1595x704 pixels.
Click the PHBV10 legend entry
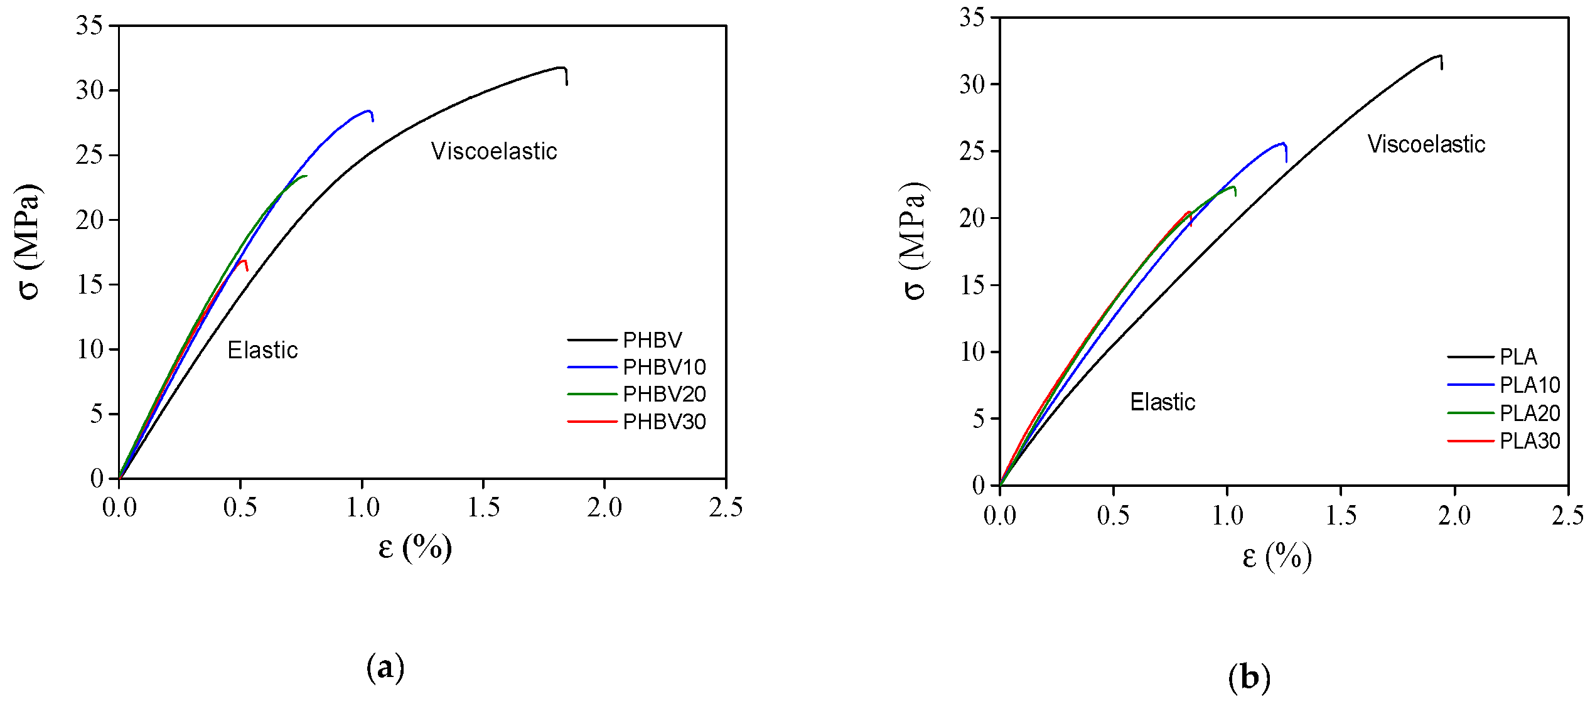click(x=663, y=367)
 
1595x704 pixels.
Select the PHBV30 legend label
click(x=663, y=422)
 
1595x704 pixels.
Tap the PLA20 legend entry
click(x=1529, y=413)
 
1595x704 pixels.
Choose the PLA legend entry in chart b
click(x=1518, y=357)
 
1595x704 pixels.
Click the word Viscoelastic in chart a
click(x=494, y=151)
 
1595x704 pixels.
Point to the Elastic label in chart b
click(x=1163, y=402)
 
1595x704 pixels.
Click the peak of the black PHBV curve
click(x=561, y=67)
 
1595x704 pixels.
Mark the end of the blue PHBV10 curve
click(x=373, y=120)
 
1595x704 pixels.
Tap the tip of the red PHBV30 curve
click(x=247, y=270)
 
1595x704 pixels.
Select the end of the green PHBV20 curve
click(x=306, y=176)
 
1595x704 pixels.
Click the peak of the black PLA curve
click(x=1439, y=56)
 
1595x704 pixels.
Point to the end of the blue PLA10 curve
click(x=1286, y=161)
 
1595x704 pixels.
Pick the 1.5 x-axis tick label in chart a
click(x=483, y=508)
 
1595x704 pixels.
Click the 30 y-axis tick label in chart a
click(x=89, y=90)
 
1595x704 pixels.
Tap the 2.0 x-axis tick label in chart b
click(x=1454, y=516)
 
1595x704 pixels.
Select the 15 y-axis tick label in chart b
click(x=972, y=285)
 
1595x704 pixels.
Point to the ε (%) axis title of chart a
click(x=415, y=548)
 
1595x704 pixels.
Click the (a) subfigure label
click(x=385, y=666)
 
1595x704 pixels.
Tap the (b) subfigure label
click(x=1249, y=677)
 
